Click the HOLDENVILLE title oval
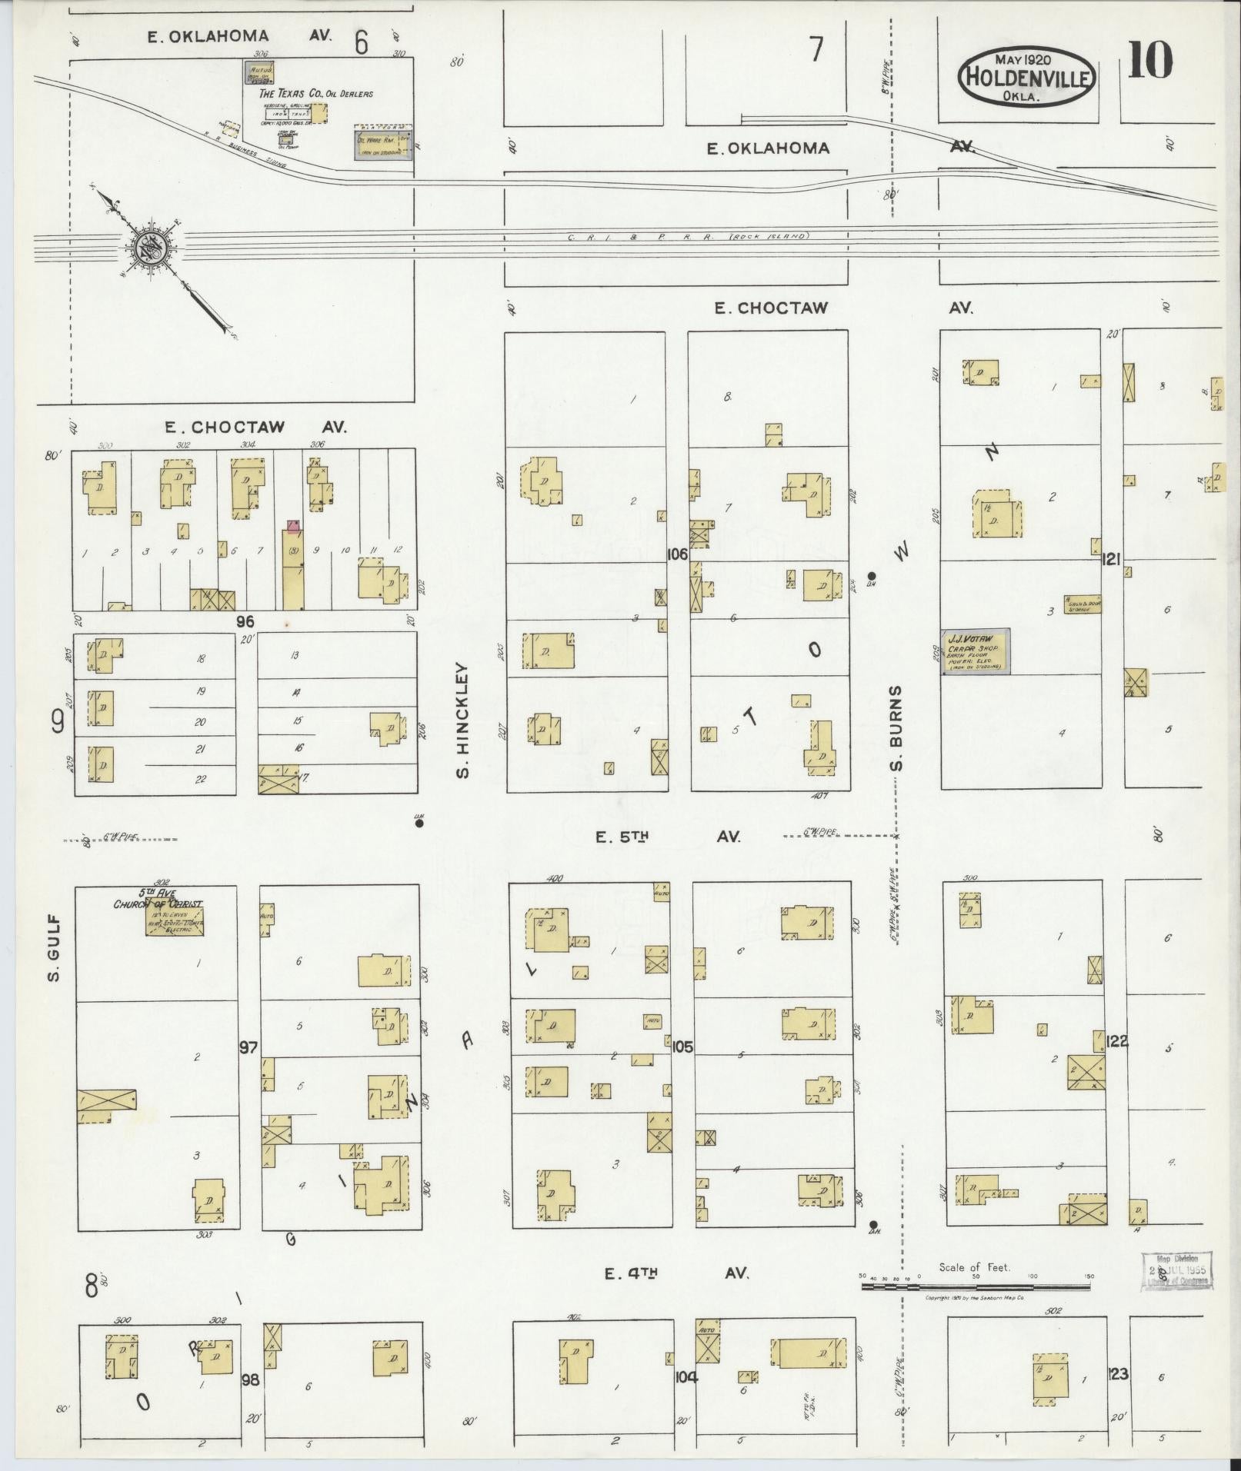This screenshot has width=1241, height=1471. pyautogui.click(x=1027, y=76)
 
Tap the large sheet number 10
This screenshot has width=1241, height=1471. pyautogui.click(x=1150, y=61)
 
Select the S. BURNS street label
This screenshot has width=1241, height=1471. pyautogui.click(x=896, y=727)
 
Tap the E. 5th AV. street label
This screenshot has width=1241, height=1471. pyautogui.click(x=668, y=837)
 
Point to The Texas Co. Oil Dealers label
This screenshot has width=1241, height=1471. pyautogui.click(x=316, y=94)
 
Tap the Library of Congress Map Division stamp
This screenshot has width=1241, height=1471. pyautogui.click(x=1175, y=1271)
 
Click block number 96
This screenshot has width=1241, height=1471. pyautogui.click(x=245, y=621)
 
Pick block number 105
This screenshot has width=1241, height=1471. pyautogui.click(x=682, y=1047)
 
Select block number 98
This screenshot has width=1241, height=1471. pyautogui.click(x=249, y=1378)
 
